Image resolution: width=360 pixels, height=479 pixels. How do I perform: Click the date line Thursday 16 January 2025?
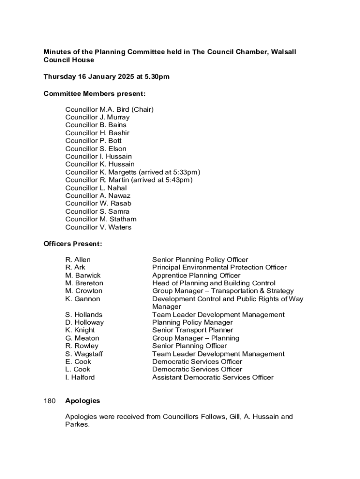[106, 77]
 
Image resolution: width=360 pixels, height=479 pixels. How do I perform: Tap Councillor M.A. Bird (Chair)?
[109, 109]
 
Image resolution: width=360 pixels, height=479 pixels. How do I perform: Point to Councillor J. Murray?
[97, 117]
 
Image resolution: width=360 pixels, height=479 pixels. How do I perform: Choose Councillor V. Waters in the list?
[98, 227]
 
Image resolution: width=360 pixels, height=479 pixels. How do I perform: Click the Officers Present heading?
[72, 244]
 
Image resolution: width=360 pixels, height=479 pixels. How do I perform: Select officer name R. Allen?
[78, 260]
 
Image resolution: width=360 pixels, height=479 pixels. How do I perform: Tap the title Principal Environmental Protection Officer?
[219, 268]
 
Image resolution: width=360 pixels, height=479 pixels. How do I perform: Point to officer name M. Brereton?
[84, 283]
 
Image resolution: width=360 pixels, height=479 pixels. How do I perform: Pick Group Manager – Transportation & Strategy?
[223, 291]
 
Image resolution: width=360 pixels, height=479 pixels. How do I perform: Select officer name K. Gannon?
[83, 299]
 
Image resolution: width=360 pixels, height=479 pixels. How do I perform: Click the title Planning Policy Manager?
[192, 322]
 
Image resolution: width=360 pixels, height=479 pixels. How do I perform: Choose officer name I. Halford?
[80, 377]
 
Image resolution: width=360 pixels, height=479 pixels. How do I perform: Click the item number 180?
[50, 401]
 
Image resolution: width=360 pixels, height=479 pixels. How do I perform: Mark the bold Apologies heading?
[83, 401]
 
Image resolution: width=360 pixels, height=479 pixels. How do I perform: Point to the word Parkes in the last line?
[77, 425]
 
